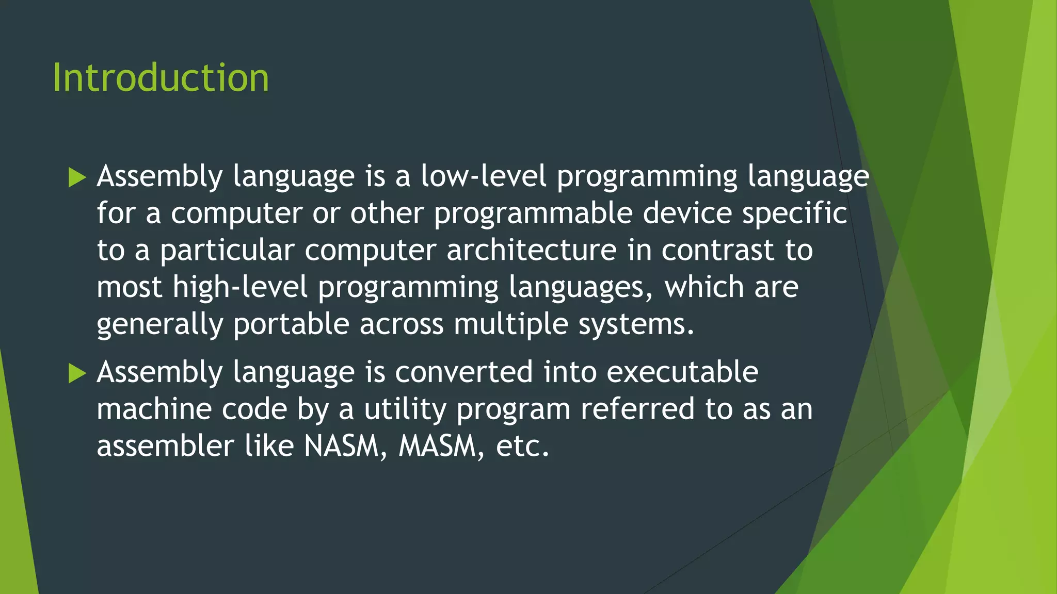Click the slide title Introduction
click(x=161, y=78)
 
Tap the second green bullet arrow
click(x=77, y=373)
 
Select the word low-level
click(x=483, y=176)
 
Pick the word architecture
click(x=531, y=251)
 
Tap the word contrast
click(x=718, y=251)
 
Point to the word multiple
click(x=510, y=325)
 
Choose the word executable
click(x=682, y=372)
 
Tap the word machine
click(x=154, y=409)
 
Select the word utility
click(x=405, y=409)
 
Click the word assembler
click(x=165, y=447)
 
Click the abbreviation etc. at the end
click(x=522, y=447)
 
